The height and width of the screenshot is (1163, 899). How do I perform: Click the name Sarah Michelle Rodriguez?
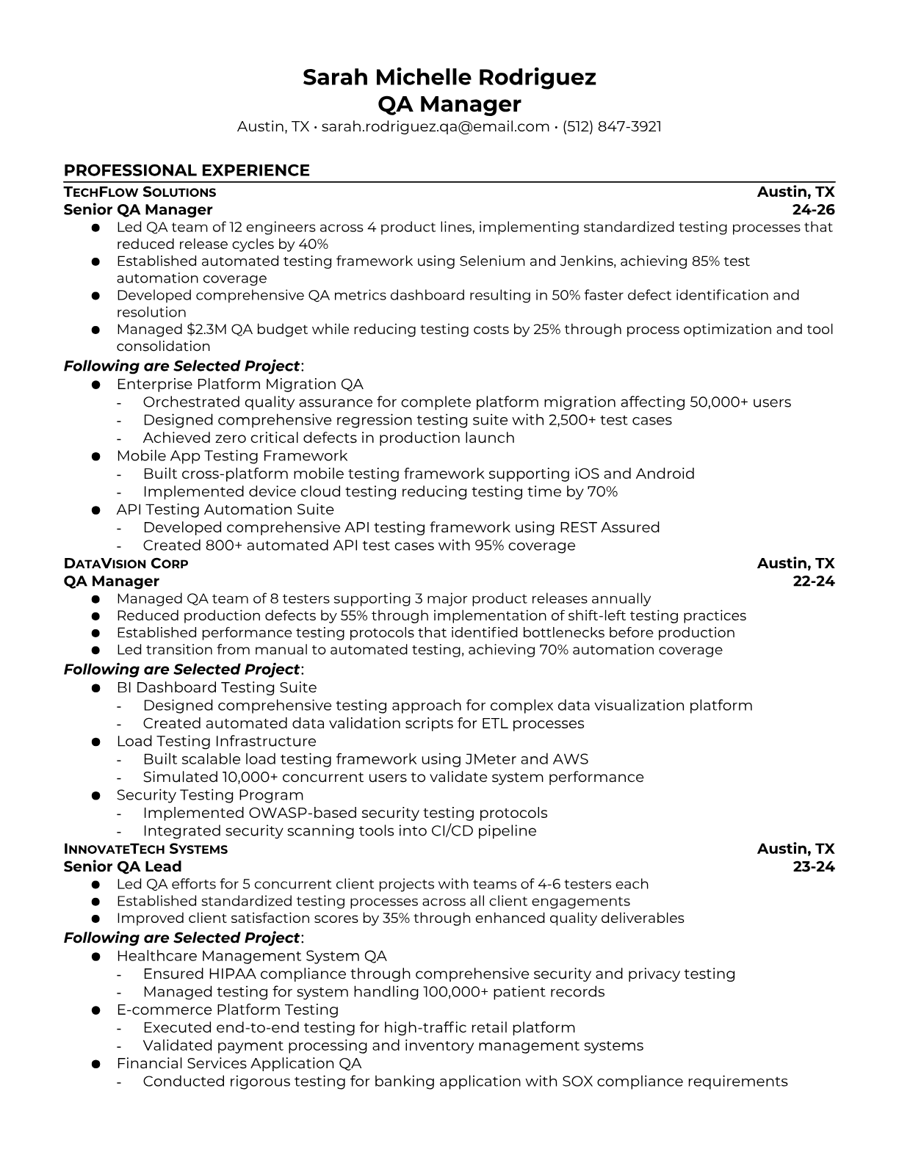pos(449,77)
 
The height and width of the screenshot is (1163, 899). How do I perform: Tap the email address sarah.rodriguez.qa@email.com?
pos(436,126)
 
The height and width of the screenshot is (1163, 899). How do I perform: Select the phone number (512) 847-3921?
pos(612,126)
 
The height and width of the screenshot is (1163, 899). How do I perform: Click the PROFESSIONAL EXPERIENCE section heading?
pos(187,170)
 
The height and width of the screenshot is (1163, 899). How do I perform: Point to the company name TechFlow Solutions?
pos(140,192)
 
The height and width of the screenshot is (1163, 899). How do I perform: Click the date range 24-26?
pos(813,210)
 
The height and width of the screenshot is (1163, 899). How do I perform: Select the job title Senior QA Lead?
pos(123,866)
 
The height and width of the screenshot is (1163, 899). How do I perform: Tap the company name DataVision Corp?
pos(126,564)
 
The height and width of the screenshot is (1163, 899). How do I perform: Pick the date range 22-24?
pos(813,581)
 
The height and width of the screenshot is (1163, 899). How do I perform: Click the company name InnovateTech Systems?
pos(145,849)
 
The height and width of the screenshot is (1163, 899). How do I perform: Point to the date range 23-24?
pos(813,866)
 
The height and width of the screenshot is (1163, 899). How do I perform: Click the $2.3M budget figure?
pos(207,329)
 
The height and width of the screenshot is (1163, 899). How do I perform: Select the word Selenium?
pos(492,261)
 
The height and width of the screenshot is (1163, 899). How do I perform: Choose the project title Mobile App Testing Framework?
pos(232,456)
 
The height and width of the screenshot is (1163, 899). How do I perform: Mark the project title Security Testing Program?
pos(209,795)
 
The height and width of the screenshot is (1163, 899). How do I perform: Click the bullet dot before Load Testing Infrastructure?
pos(95,742)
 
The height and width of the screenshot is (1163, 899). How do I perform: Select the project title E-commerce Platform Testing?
pos(227,1010)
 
